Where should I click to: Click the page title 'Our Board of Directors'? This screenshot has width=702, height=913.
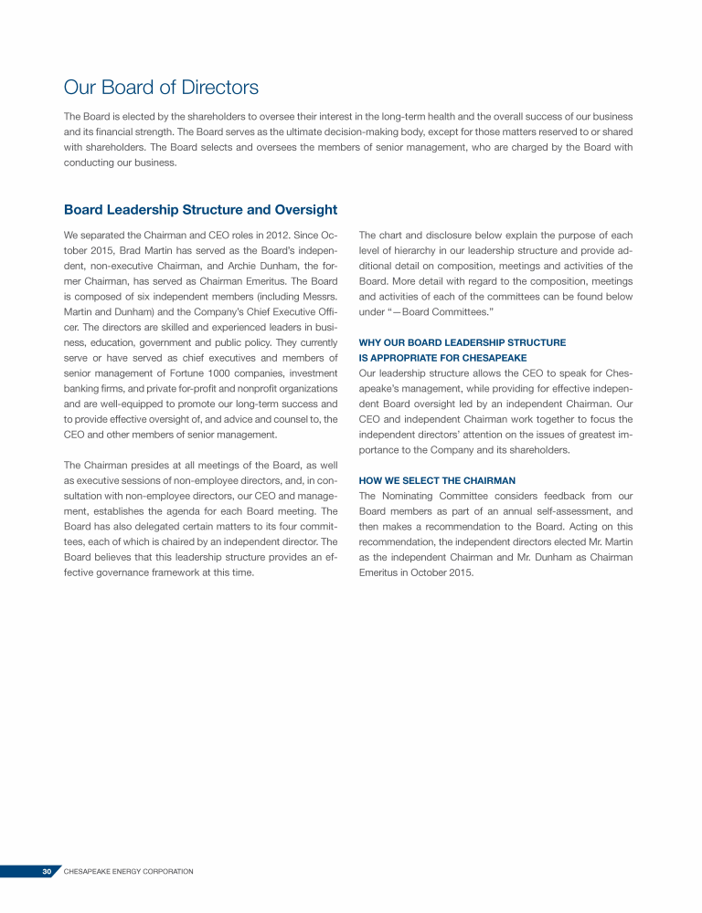[161, 88]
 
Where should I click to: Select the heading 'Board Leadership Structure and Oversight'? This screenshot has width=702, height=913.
[200, 210]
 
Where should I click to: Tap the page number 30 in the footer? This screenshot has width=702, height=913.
[47, 872]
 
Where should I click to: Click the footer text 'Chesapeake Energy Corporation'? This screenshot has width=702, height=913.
[128, 872]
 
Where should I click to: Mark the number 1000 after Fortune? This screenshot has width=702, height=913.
[243, 372]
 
